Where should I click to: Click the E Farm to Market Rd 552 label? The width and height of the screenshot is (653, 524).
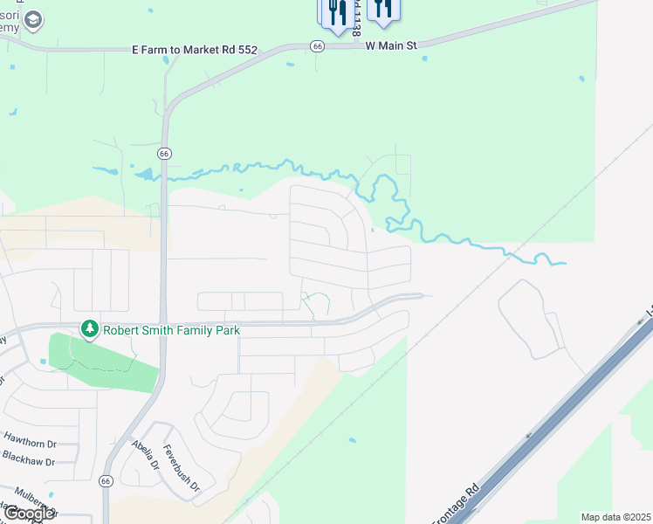[195, 50]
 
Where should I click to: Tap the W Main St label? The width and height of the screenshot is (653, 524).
[392, 44]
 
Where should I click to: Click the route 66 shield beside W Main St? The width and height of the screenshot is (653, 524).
[317, 46]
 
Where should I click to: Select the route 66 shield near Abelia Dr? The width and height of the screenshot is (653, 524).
[107, 480]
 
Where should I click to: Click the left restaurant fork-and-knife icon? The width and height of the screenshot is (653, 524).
[336, 11]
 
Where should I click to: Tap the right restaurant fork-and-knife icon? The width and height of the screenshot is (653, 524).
[382, 8]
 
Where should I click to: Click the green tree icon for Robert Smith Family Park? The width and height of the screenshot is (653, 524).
[88, 329]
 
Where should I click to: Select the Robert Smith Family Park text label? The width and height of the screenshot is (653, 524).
[171, 330]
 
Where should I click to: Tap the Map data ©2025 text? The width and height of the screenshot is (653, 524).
[616, 517]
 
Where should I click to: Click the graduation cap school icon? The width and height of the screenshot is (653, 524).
[33, 19]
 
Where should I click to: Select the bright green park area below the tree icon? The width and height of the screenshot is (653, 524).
[105, 362]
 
